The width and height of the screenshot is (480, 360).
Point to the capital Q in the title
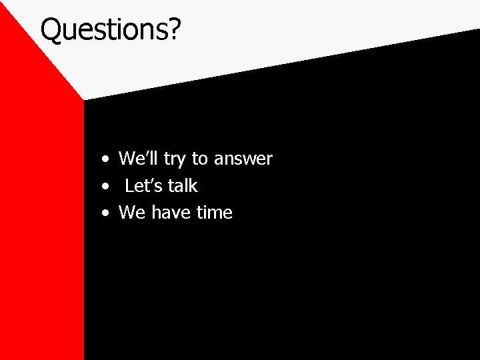tap(52, 29)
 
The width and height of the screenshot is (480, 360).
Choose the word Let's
tap(143, 186)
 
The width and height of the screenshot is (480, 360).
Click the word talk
tap(183, 186)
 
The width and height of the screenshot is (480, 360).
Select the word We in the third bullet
tap(131, 213)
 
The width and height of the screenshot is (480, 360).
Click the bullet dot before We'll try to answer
tap(106, 161)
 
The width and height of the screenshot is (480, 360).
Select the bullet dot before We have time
tap(106, 215)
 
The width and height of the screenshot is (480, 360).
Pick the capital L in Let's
tap(129, 186)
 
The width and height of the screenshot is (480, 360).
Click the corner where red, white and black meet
tap(84, 100)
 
